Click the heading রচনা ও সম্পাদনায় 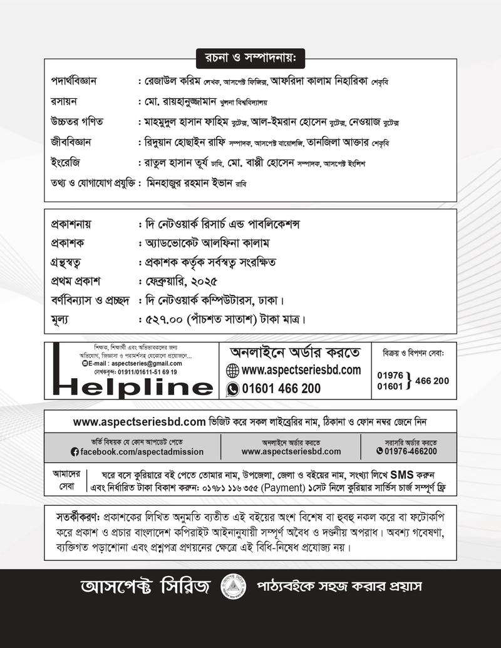tap(250, 58)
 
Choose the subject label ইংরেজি tap(65, 163)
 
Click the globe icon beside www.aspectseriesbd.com tap(232, 370)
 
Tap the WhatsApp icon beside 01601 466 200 tap(232, 388)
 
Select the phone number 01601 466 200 tap(281, 388)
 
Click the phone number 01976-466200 tap(411, 451)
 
